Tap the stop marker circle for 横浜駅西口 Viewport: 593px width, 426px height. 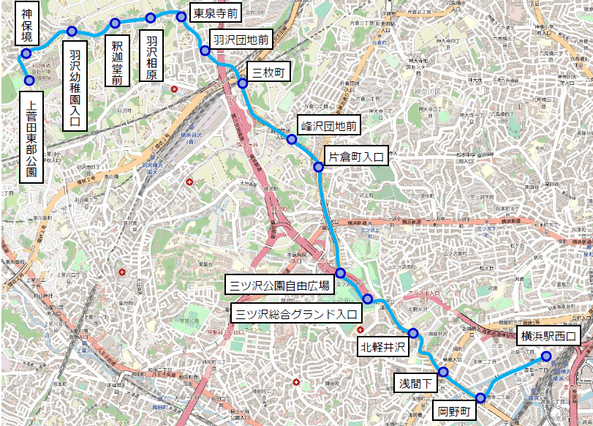546,357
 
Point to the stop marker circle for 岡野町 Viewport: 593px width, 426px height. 480,398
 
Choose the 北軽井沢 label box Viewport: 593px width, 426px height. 382,345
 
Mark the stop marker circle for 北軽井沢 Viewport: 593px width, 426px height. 413,334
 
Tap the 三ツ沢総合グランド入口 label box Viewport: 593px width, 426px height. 297,315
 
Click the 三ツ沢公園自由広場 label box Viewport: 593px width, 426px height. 279,285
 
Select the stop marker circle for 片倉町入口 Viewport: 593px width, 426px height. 319,168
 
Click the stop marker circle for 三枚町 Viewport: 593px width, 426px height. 243,83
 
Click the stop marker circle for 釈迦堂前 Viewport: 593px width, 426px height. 115,23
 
